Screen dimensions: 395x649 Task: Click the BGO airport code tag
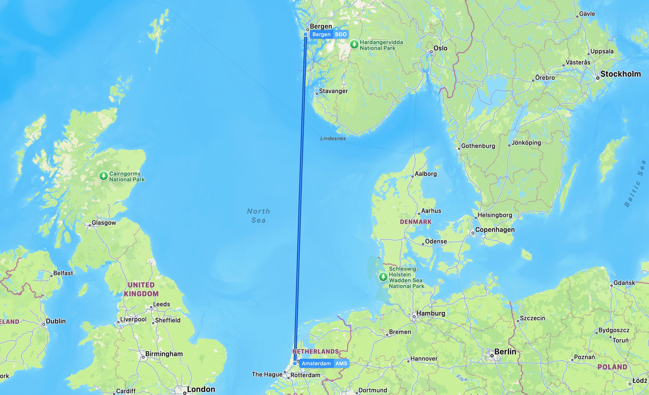coord(341,34)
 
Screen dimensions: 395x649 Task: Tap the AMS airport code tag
coord(341,363)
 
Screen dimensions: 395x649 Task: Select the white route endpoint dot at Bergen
coord(306,34)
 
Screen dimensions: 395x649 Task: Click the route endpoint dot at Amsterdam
coord(295,363)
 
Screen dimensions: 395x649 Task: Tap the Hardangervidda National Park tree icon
coord(354,44)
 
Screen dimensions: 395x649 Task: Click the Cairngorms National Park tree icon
coord(104,176)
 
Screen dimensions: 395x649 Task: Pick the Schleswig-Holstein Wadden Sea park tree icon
coord(383,276)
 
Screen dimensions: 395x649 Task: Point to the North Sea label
coord(258,216)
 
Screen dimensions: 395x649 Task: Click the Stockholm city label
coord(620,74)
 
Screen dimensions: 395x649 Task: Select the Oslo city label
coord(440,48)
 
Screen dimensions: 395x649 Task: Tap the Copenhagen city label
coord(495,230)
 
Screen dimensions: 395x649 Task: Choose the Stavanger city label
coord(333,91)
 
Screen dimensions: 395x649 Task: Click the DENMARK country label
coord(415,222)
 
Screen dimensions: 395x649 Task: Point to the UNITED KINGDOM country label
coord(141,289)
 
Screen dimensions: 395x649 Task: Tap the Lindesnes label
coord(333,139)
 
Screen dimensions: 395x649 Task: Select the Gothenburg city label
coord(478,146)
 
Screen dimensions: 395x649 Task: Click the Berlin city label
coord(505,352)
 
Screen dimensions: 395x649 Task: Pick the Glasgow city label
coord(104,223)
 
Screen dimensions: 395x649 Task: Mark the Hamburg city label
coord(431,313)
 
